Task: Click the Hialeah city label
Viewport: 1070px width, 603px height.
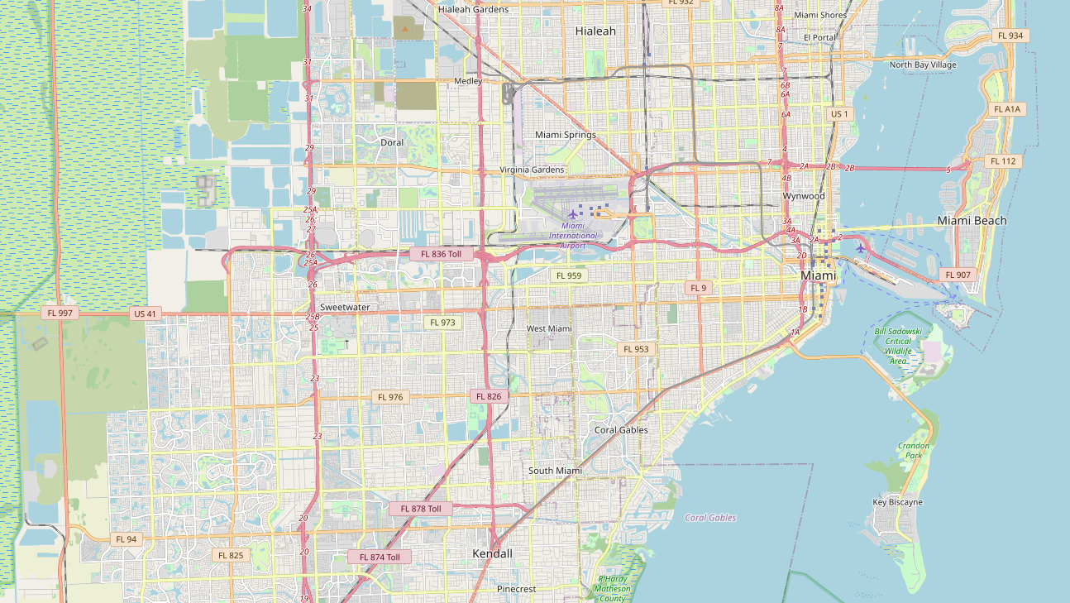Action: pos(595,31)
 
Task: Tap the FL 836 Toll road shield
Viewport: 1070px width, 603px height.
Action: pos(441,254)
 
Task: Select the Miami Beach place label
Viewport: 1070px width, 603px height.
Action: pos(972,221)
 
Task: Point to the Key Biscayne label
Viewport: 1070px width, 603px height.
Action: pos(897,502)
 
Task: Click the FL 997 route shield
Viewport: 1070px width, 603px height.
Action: pos(61,313)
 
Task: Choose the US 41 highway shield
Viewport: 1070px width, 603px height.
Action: pos(144,313)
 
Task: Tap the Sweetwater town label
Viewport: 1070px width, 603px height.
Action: pos(345,307)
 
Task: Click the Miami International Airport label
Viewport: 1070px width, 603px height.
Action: pos(572,235)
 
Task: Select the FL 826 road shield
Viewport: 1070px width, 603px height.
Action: pos(489,396)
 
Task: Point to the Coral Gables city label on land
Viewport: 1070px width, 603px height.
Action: pos(621,430)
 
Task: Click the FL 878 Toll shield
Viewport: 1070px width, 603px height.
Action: pos(421,509)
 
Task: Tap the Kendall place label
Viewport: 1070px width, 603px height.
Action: pos(492,553)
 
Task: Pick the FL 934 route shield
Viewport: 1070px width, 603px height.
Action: pos(1010,36)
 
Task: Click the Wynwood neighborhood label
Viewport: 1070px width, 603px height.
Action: pos(804,196)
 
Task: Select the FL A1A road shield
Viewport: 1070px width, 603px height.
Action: pos(1008,109)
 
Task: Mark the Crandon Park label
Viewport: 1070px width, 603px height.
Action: pos(914,451)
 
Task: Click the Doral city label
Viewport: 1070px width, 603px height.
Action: pos(392,142)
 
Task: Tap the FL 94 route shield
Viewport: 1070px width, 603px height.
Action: pos(127,539)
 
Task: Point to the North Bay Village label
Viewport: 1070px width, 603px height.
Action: pos(923,65)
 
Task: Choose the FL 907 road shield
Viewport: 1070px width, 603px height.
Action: pos(958,275)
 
